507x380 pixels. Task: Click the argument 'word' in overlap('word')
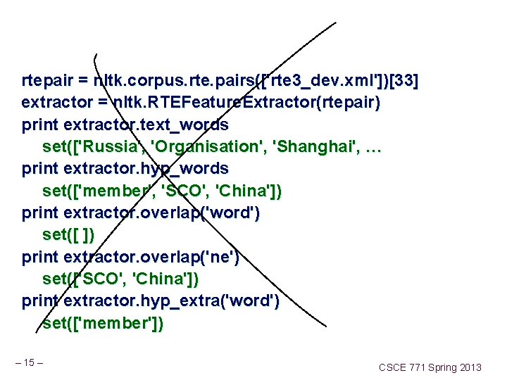(x=230, y=213)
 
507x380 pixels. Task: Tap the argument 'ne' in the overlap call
(x=220, y=256)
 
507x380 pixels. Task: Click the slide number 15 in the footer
(x=29, y=362)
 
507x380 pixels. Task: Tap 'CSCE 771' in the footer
(x=403, y=367)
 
